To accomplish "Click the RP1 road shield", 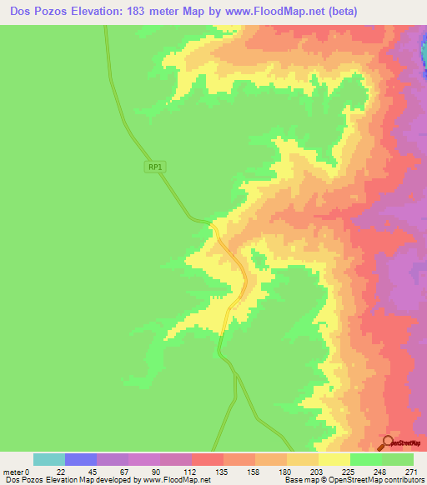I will click(x=153, y=167).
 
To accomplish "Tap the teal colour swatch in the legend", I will click(x=49, y=459).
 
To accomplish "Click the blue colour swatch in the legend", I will click(x=81, y=459).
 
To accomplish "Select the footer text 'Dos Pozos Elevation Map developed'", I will click(x=58, y=481).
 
